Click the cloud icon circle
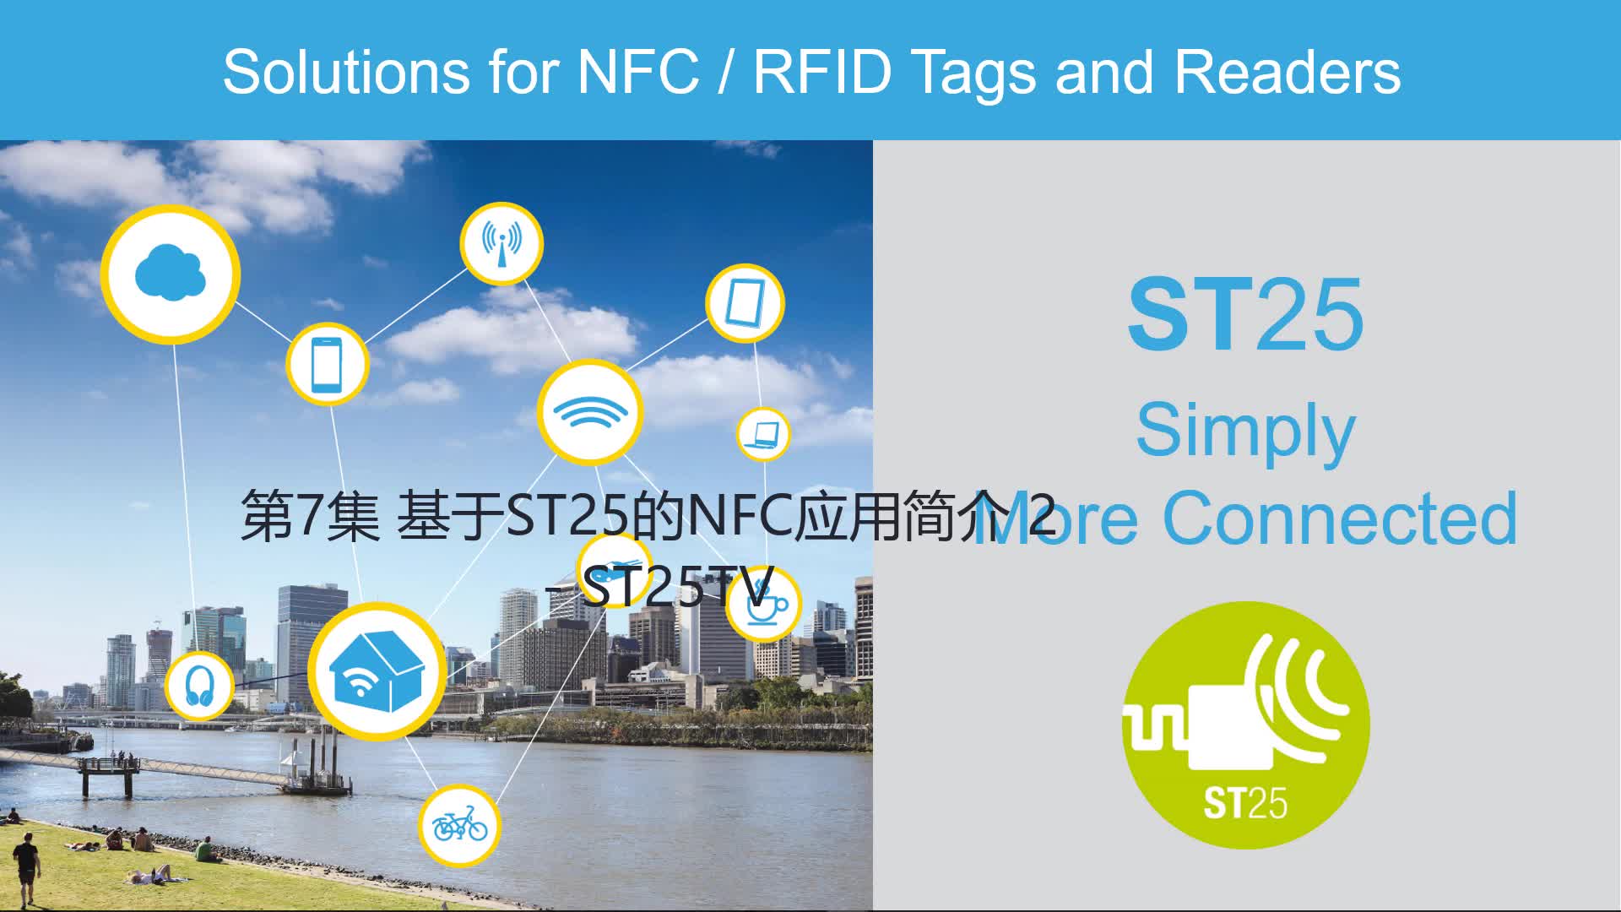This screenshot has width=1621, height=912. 171,274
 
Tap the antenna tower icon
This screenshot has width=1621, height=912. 501,243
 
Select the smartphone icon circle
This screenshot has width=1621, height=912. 327,364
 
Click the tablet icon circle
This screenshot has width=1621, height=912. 745,303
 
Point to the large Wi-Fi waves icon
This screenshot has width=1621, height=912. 590,413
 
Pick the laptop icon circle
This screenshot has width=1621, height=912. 763,434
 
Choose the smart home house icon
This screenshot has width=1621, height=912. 377,672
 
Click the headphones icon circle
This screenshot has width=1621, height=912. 199,685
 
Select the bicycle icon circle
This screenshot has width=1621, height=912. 459,825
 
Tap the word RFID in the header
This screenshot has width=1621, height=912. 821,71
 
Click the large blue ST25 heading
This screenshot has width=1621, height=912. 1245,314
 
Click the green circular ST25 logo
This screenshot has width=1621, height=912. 1245,725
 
